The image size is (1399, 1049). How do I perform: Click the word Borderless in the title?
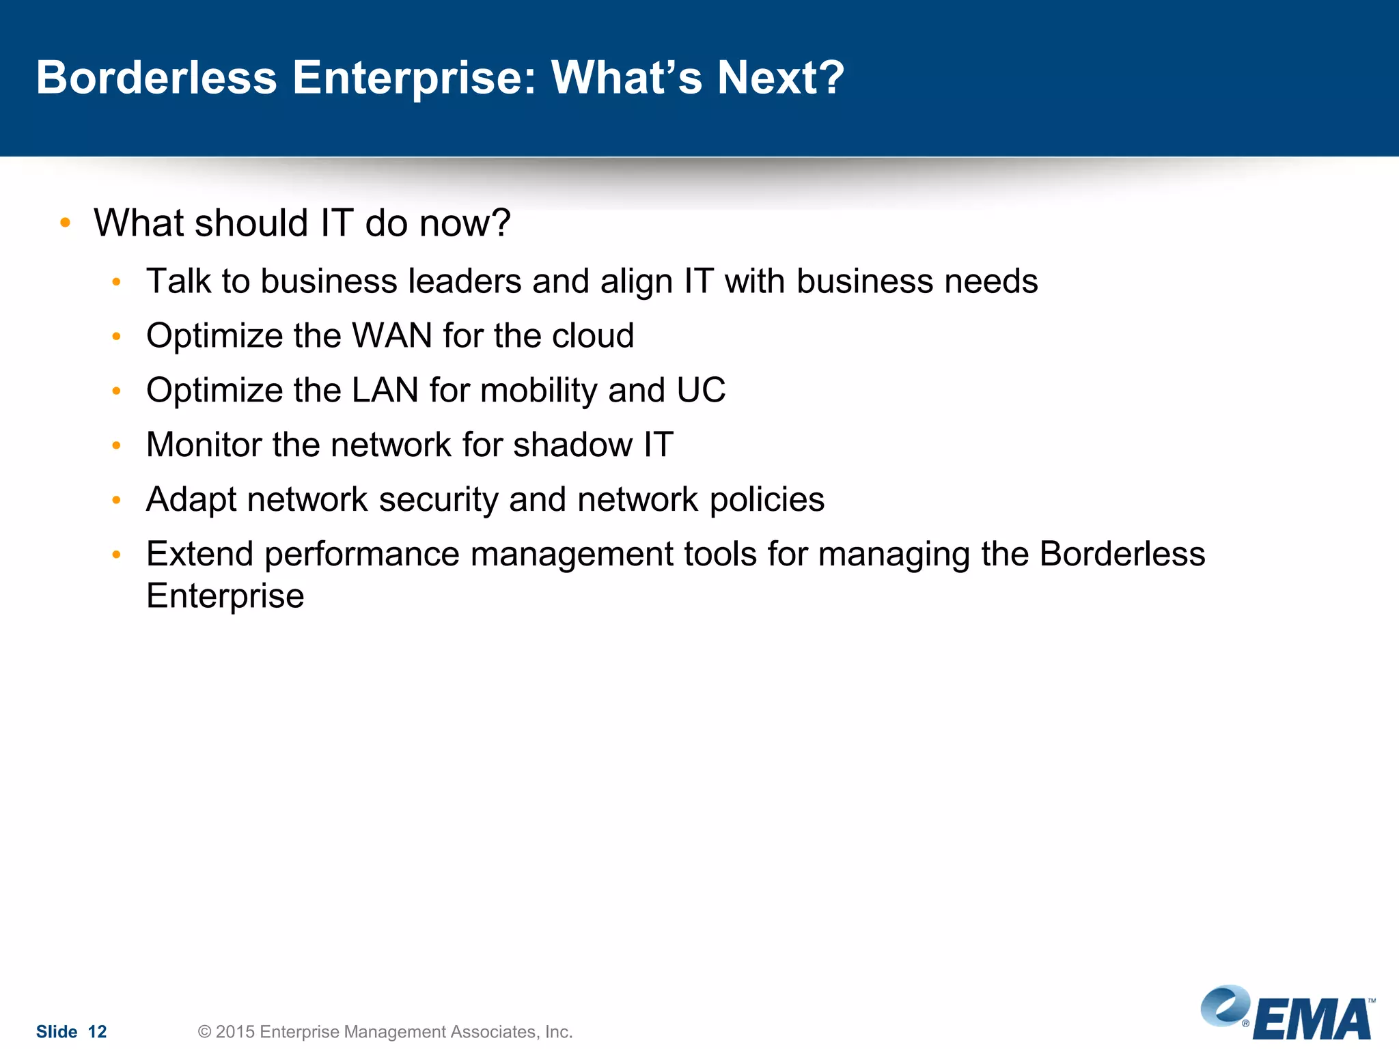pos(156,77)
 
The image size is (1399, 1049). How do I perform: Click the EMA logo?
pos(1288,1013)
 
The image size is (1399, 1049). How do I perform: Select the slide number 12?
pos(98,1032)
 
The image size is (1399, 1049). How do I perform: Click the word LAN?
pos(385,391)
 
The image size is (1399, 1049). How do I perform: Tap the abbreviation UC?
pos(701,391)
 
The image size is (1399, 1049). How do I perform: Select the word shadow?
pos(572,445)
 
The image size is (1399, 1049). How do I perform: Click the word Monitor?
pos(203,445)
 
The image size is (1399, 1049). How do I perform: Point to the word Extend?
pos(199,554)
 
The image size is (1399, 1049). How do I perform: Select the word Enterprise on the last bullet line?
pos(225,596)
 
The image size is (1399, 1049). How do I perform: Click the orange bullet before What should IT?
pos(66,223)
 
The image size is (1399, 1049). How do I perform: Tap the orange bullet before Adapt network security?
pos(117,501)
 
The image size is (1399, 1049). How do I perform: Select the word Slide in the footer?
pos(57,1032)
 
